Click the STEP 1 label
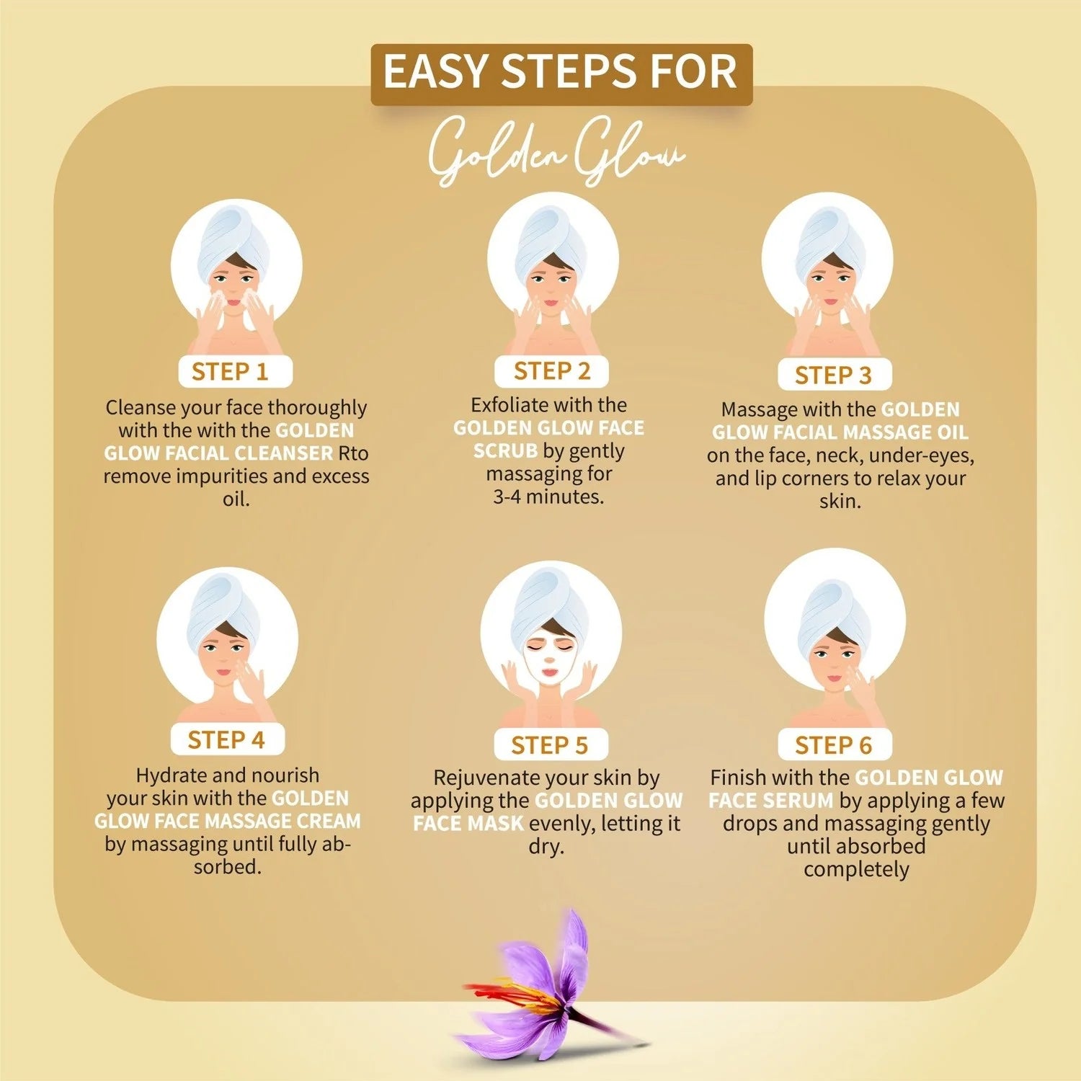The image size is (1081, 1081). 235,372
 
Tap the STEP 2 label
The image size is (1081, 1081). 551,371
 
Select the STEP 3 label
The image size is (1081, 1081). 835,375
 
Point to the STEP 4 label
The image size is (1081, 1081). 227,739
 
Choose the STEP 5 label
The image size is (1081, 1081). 551,744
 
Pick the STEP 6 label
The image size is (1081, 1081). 835,744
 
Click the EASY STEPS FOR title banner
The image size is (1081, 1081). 561,74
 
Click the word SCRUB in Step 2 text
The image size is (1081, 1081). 505,450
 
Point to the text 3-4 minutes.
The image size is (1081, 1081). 548,497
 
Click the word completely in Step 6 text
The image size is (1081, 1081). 856,870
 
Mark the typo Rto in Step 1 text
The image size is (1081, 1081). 353,453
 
